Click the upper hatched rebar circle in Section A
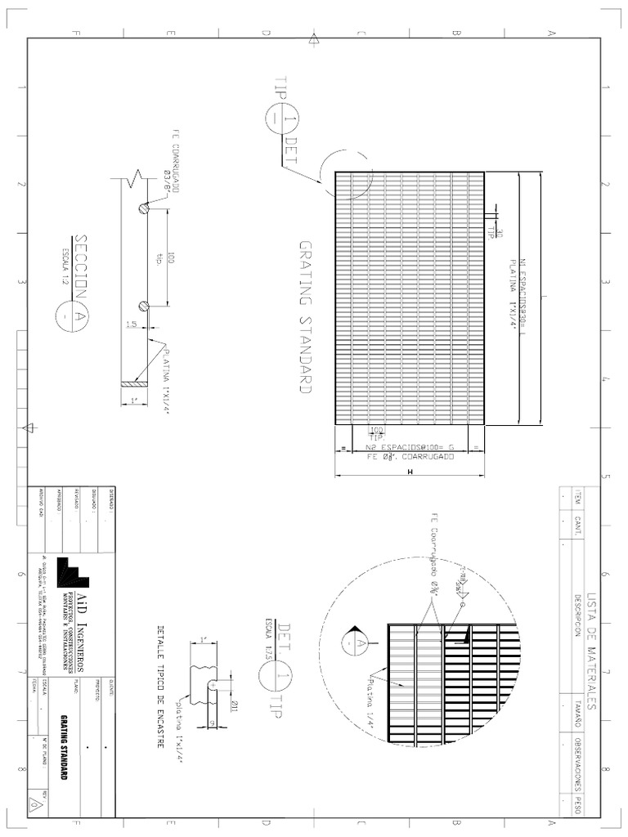click(x=145, y=208)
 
